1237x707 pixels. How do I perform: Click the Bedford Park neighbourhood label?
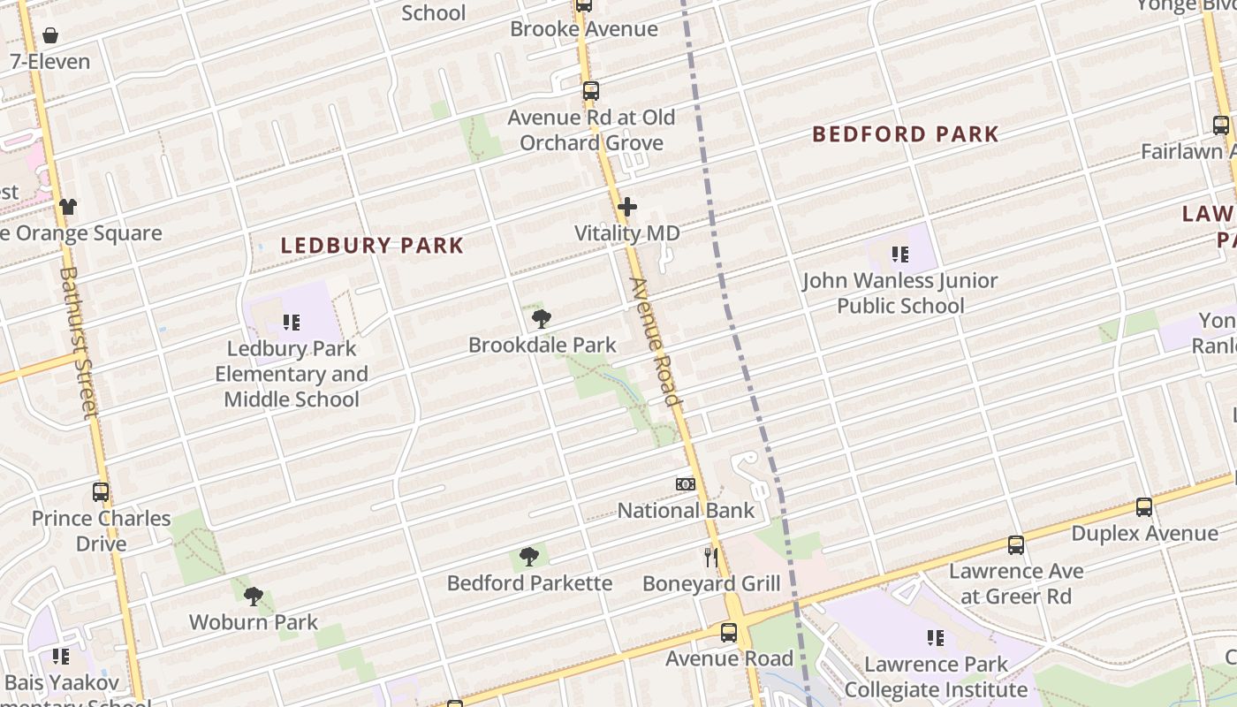click(905, 134)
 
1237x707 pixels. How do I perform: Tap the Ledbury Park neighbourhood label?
click(372, 246)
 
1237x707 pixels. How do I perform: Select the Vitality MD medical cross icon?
click(627, 208)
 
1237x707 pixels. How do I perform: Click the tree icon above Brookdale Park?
click(542, 319)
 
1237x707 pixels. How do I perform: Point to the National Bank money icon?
click(686, 484)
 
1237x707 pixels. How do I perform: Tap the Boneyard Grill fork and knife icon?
click(711, 557)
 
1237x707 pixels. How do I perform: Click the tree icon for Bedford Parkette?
click(529, 557)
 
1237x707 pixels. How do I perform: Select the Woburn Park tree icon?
click(254, 597)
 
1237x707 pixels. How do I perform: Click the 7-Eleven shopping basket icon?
click(50, 36)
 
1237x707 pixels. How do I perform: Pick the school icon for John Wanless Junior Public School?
click(900, 255)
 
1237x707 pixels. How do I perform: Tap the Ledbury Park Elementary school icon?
click(292, 323)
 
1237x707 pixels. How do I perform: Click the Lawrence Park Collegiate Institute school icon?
click(937, 637)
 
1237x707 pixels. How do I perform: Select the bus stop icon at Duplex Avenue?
click(1144, 507)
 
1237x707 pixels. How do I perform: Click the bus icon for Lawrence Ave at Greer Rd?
click(1016, 545)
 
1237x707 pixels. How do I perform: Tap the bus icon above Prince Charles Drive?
click(101, 492)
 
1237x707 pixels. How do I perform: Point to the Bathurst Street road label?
click(78, 342)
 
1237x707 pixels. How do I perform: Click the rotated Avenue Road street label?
click(656, 342)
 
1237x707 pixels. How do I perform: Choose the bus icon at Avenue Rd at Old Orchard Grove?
click(591, 91)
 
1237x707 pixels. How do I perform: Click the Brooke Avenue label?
click(584, 29)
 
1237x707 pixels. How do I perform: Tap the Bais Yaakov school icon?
click(60, 657)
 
